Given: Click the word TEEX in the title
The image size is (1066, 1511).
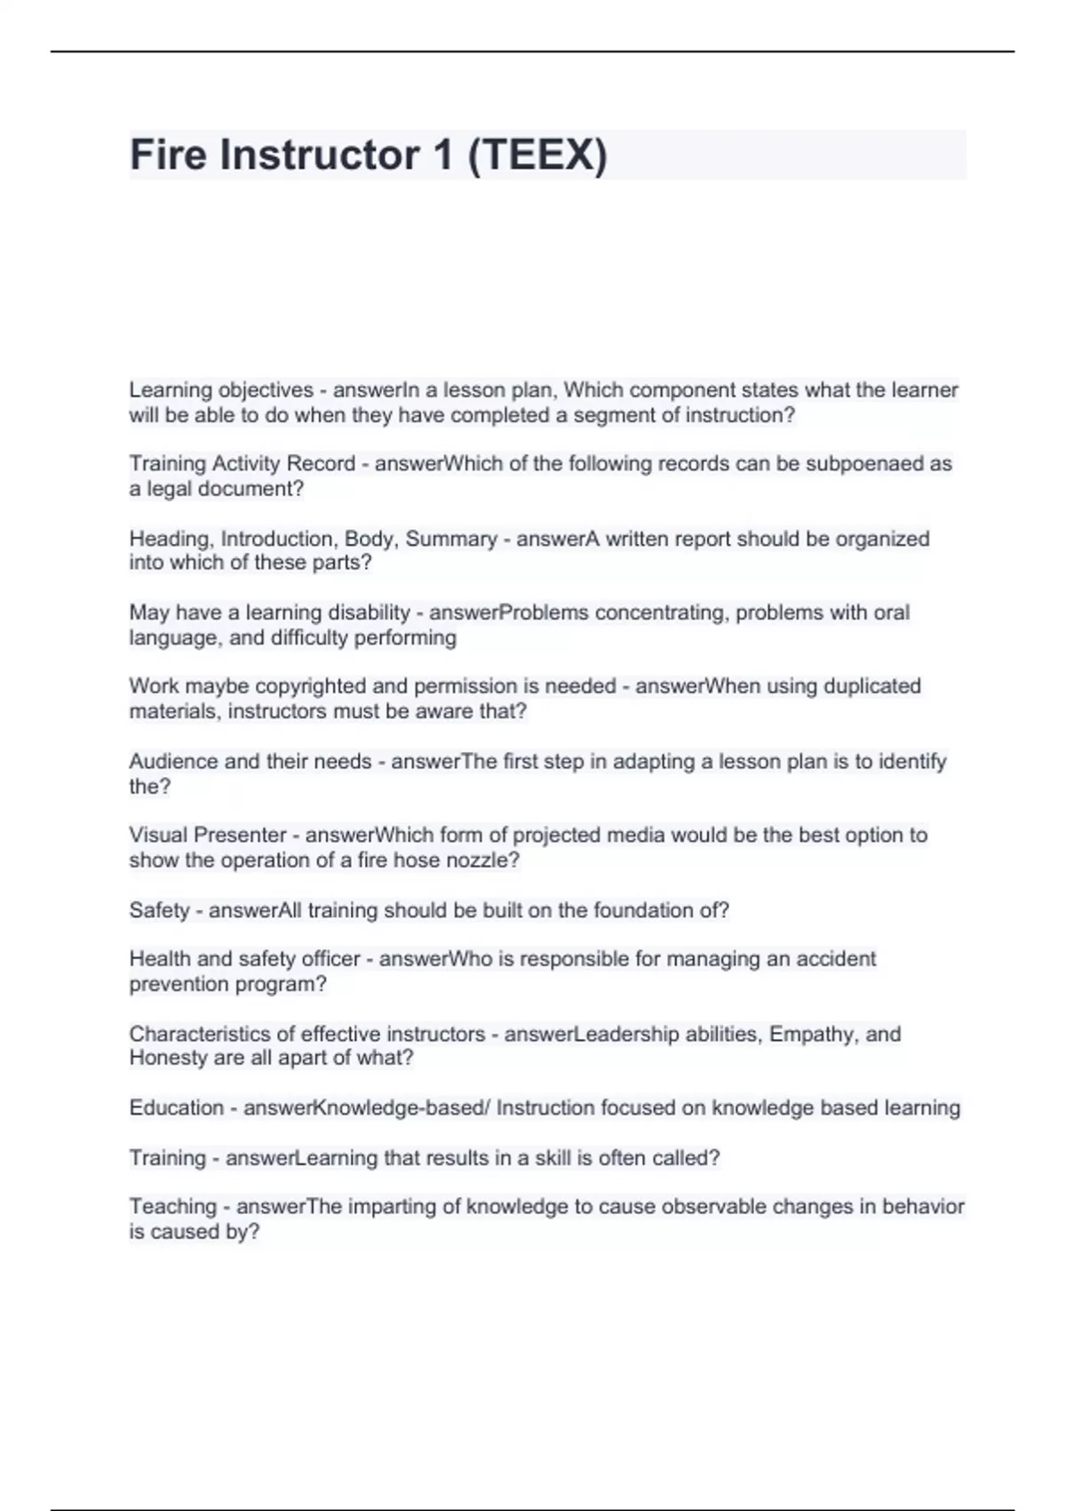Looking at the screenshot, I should [537, 156].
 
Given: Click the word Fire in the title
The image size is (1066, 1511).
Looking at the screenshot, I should [169, 155].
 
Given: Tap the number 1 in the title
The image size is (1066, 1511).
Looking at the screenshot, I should [442, 155].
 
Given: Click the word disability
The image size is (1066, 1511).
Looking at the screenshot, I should [369, 613].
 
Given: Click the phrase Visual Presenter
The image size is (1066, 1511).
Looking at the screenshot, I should [208, 835].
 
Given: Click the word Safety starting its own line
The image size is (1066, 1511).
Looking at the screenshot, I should [159, 911].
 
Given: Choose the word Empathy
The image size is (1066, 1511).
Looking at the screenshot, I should [812, 1035].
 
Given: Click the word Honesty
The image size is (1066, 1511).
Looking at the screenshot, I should [168, 1059].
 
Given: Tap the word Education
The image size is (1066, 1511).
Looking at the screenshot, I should [176, 1108].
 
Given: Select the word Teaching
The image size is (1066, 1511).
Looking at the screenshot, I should [172, 1207].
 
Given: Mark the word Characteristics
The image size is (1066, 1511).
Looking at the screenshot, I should [201, 1035].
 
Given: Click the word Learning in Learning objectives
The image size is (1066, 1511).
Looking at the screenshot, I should [171, 390].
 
